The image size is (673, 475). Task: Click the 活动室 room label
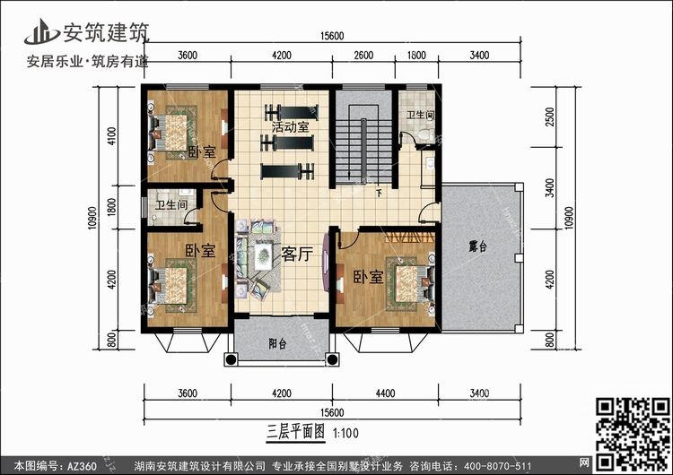point(290,127)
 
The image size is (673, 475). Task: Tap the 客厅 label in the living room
point(297,254)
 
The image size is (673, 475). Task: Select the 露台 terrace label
point(478,246)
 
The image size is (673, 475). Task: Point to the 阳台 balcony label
point(277,343)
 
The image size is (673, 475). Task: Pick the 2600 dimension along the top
point(363,56)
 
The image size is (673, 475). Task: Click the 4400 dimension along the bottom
point(385,393)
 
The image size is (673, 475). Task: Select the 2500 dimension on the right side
point(550,117)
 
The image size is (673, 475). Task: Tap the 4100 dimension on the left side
point(111,136)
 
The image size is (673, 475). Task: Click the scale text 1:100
point(346,433)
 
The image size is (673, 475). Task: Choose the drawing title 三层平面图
point(296,432)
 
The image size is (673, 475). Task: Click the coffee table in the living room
point(263,256)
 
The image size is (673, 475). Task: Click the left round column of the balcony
point(231,359)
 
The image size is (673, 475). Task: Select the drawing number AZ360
point(82,465)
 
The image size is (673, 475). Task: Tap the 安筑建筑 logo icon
point(41,32)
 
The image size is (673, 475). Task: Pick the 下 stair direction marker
point(379,194)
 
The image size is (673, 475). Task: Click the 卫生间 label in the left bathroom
point(171,205)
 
